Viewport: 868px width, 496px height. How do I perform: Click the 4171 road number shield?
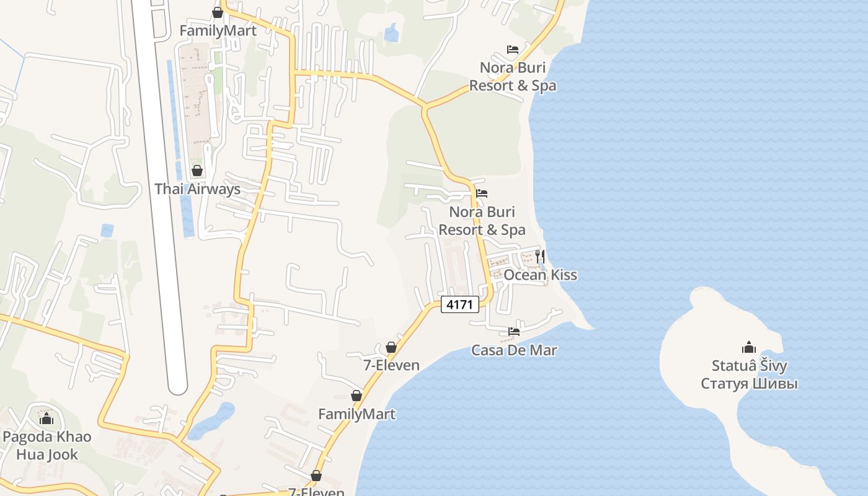(x=460, y=304)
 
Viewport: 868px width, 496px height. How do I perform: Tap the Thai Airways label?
(x=197, y=189)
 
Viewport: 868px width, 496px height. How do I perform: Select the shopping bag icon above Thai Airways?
(x=197, y=170)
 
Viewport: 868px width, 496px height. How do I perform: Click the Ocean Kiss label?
(x=540, y=275)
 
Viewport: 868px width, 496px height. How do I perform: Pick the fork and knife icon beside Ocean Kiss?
(x=540, y=255)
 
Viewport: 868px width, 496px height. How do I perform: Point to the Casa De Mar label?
(x=514, y=350)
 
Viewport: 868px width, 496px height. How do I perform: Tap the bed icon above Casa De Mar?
(x=514, y=332)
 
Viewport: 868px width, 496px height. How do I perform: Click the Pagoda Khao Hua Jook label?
(x=47, y=446)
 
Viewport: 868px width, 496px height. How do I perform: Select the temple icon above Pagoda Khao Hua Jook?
(x=46, y=418)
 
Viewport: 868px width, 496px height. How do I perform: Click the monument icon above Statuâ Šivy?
(x=749, y=347)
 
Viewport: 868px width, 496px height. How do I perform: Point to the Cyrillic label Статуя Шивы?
(x=749, y=384)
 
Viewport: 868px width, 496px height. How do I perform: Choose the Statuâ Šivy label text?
(x=749, y=366)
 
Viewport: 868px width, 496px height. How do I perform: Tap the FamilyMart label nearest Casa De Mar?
(x=356, y=414)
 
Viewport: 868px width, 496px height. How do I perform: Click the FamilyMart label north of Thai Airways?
(x=218, y=30)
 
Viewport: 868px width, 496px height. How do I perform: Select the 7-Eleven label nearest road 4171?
(x=391, y=366)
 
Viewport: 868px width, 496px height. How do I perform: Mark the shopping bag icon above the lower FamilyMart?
(x=356, y=396)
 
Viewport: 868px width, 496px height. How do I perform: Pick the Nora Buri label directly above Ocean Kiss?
(x=482, y=221)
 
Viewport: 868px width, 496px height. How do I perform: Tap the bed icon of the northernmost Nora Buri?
(x=513, y=49)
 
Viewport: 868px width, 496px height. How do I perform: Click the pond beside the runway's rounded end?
(x=211, y=421)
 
